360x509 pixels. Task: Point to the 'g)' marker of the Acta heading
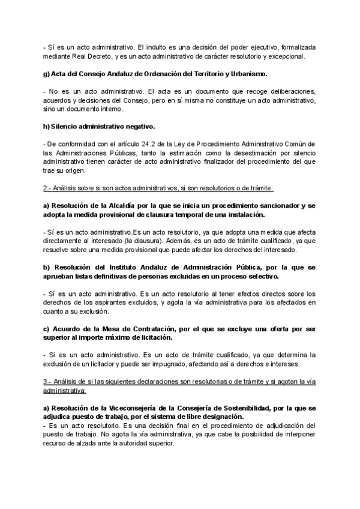pyautogui.click(x=46, y=74)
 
